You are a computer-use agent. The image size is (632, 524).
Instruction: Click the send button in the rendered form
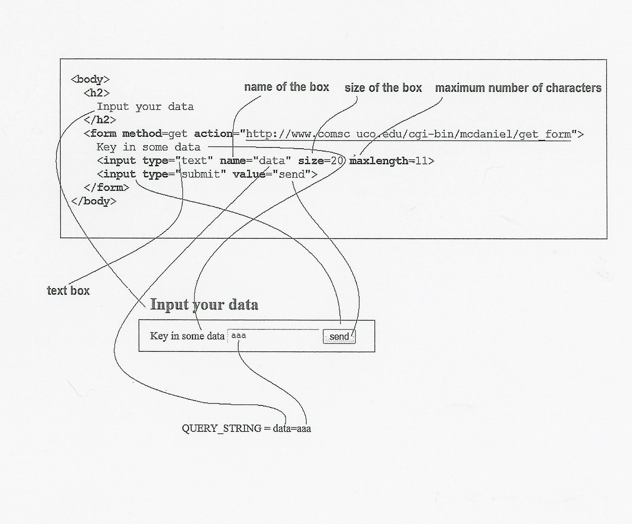tap(339, 337)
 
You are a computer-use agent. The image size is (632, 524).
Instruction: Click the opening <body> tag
tap(90, 80)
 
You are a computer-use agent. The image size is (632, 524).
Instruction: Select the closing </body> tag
tap(94, 201)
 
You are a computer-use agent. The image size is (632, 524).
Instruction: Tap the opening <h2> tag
tap(96, 93)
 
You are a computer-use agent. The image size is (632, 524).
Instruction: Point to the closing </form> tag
tap(106, 187)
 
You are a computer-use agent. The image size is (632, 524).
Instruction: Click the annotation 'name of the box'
tap(286, 87)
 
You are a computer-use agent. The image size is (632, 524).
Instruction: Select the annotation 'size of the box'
tap(383, 88)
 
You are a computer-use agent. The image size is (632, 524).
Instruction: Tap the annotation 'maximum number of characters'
tap(518, 88)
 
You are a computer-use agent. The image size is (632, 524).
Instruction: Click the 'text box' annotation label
tap(68, 291)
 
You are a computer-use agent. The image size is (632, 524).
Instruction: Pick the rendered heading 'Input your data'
tap(204, 304)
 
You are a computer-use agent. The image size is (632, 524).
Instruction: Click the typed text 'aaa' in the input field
tap(239, 336)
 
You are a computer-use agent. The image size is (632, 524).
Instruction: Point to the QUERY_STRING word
tap(222, 428)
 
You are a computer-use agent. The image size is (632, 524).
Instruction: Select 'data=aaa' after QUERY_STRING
tap(292, 428)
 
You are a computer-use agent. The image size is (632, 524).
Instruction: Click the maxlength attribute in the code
tap(378, 161)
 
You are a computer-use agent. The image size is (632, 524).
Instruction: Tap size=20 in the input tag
tap(321, 161)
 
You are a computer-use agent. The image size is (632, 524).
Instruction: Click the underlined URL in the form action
tap(408, 134)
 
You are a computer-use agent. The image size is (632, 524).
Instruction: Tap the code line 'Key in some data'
tap(148, 147)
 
